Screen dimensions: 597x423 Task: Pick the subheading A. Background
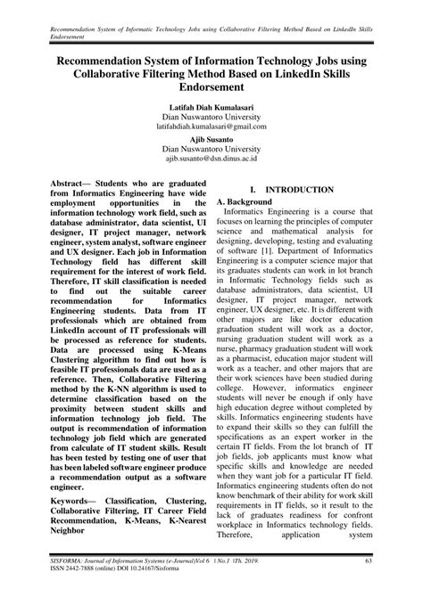click(x=248, y=202)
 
